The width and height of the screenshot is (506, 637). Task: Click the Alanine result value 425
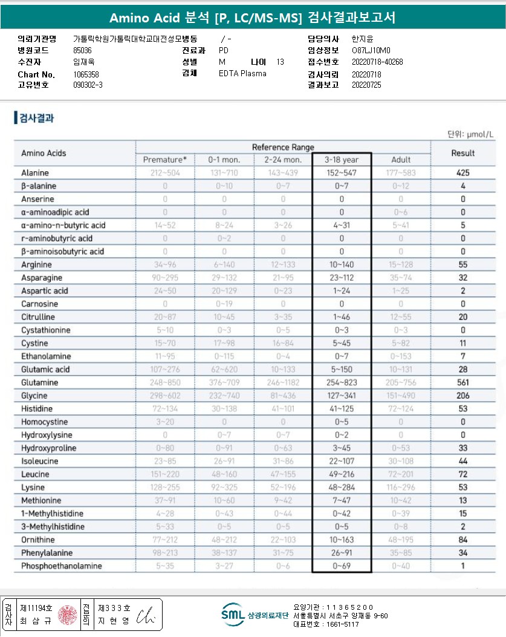tap(463, 173)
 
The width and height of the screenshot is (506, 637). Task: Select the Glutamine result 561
tap(463, 382)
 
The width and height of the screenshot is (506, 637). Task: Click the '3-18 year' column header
tap(342, 160)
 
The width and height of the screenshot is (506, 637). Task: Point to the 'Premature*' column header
tap(165, 160)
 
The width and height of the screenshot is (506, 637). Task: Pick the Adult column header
tap(401, 160)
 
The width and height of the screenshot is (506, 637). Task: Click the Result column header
tap(463, 153)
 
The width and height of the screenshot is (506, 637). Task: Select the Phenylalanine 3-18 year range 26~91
tap(342, 553)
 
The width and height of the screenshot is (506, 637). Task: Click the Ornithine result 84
tap(463, 540)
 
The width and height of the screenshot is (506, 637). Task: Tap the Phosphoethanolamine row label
tap(62, 566)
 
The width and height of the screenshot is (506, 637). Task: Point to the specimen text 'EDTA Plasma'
tap(242, 74)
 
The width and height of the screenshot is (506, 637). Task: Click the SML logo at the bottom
tap(233, 615)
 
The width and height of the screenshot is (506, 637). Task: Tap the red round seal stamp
tap(67, 615)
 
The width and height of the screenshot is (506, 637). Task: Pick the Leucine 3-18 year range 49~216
tap(342, 474)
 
